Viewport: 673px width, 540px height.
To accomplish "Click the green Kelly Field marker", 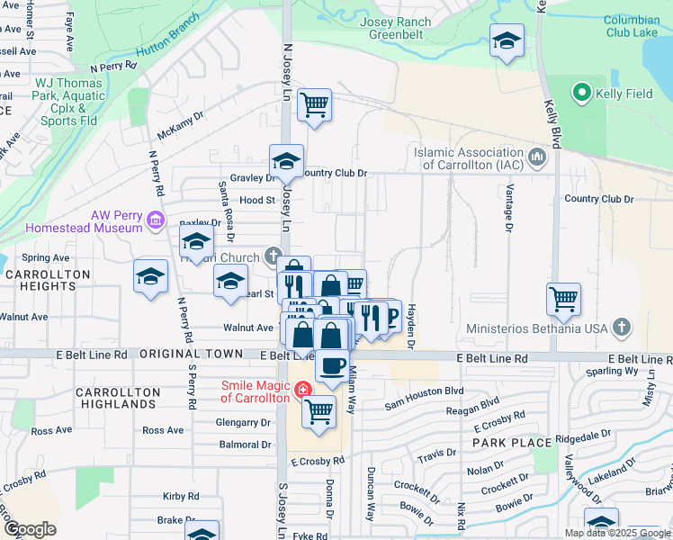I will coord(581,93).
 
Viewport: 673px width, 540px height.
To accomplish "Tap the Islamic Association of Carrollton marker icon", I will coord(538,158).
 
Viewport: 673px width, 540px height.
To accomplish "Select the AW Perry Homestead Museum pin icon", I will coord(155,220).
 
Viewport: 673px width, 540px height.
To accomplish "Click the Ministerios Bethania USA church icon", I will coord(621,328).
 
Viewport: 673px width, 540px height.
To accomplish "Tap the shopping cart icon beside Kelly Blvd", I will coord(563,299).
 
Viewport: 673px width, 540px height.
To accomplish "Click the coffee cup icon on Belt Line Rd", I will coord(332,365).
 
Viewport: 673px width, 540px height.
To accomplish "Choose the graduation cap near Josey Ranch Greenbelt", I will coord(507,41).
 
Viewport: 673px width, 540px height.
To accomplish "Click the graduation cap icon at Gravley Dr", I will coord(286,162).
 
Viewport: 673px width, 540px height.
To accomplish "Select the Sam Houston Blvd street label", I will coord(424,391).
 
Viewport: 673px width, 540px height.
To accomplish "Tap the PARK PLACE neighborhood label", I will coord(512,443).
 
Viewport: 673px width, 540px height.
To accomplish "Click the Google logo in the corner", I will coord(31,529).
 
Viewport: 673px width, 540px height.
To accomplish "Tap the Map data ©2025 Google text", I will coord(616,533).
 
